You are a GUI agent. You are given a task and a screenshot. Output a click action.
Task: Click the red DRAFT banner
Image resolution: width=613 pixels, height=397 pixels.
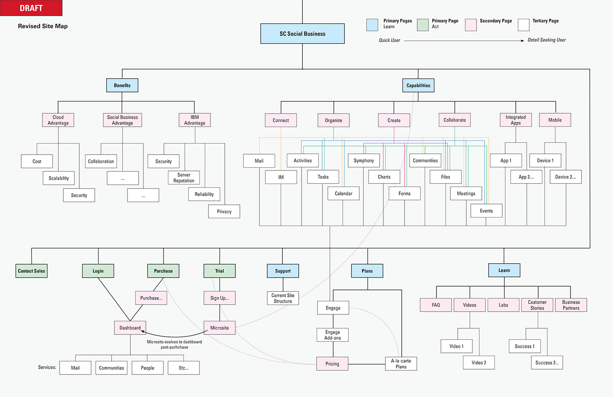pyautogui.click(x=31, y=8)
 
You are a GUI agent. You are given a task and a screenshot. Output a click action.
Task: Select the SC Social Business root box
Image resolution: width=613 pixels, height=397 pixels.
pyautogui.click(x=302, y=34)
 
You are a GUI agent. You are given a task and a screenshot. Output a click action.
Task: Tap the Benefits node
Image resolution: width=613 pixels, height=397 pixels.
pyautogui.click(x=122, y=85)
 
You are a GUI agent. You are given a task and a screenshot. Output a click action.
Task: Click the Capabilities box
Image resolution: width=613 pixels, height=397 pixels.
pyautogui.click(x=418, y=85)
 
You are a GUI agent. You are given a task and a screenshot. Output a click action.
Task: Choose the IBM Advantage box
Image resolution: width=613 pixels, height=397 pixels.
pyautogui.click(x=195, y=120)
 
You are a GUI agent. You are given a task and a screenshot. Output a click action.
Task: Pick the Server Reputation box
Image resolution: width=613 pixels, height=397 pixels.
pyautogui.click(x=184, y=178)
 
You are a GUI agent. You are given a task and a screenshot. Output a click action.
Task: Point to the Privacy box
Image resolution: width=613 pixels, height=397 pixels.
pyautogui.click(x=224, y=211)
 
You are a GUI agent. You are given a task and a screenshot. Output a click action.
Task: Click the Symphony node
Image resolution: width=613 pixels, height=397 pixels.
pyautogui.click(x=364, y=161)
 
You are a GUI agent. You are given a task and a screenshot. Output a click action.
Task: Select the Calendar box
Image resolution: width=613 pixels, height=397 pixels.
pyautogui.click(x=343, y=193)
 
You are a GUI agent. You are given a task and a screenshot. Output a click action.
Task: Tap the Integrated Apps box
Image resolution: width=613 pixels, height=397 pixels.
pyautogui.click(x=516, y=120)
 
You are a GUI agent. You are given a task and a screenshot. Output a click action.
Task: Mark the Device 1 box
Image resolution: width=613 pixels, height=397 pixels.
pyautogui.click(x=545, y=161)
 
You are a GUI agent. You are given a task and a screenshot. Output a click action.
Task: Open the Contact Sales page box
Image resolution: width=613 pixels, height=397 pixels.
pyautogui.click(x=31, y=271)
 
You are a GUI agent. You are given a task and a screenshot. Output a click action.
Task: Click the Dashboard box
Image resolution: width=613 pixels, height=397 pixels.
pyautogui.click(x=130, y=328)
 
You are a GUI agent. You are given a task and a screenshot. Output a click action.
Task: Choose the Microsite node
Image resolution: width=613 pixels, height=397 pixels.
pyautogui.click(x=219, y=328)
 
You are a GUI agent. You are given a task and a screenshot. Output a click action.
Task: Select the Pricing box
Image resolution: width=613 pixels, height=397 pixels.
pyautogui.click(x=332, y=364)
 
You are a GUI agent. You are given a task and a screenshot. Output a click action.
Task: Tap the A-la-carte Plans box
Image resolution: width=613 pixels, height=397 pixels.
pyautogui.click(x=401, y=364)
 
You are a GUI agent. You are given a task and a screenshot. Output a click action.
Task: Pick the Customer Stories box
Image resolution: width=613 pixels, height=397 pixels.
pyautogui.click(x=537, y=305)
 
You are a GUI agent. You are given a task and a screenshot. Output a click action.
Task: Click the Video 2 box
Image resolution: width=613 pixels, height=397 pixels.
pyautogui.click(x=479, y=363)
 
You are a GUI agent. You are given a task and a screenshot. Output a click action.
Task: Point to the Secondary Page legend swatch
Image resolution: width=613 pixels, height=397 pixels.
pyautogui.click(x=471, y=25)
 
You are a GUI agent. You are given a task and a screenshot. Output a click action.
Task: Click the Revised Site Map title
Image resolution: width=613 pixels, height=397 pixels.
pyautogui.click(x=43, y=26)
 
